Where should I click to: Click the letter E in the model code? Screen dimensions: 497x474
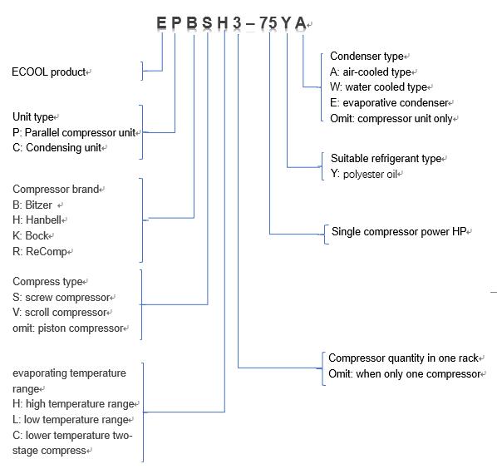pos(161,22)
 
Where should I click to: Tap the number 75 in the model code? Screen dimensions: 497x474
pos(268,22)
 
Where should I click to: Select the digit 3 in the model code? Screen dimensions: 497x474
pos(237,22)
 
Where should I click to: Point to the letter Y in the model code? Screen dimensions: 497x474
pos(286,22)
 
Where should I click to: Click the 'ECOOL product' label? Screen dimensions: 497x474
pos(49,72)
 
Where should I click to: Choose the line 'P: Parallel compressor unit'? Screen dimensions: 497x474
pos(74,132)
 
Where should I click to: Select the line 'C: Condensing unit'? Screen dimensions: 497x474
pos(57,148)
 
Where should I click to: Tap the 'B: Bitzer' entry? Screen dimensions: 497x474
pos(32,205)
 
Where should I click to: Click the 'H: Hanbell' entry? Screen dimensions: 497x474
pos(37,220)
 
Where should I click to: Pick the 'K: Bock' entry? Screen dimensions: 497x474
pos(31,235)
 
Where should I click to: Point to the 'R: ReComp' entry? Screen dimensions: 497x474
pos(40,251)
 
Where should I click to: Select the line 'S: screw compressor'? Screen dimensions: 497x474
pos(62,298)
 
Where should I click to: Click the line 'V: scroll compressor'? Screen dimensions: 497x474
pos(60,313)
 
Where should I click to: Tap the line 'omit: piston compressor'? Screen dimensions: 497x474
pos(68,328)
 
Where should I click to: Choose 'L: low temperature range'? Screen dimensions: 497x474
pos(71,420)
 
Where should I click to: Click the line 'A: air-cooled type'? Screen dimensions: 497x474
pos(371,72)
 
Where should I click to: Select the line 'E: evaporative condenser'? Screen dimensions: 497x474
pos(389,103)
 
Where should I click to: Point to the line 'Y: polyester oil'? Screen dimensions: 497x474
pos(364,174)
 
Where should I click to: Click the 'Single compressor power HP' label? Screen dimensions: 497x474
pos(399,231)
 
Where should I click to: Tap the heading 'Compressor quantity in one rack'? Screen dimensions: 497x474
pos(403,358)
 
